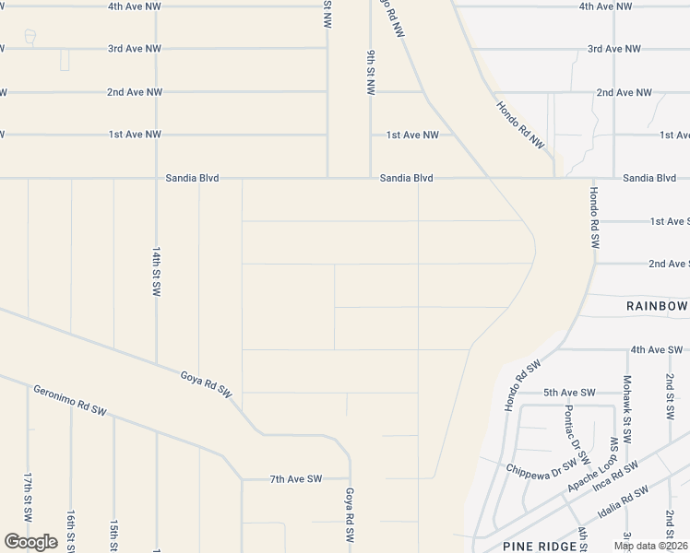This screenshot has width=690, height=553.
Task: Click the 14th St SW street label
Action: [156, 270]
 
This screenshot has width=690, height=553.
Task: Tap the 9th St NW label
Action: [369, 73]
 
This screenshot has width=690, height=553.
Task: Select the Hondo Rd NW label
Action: [520, 124]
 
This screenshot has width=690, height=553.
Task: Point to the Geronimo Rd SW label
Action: [71, 398]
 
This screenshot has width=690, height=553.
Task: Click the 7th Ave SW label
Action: [295, 479]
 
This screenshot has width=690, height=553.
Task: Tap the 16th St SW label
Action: [70, 528]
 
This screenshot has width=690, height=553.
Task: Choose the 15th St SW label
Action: [113, 533]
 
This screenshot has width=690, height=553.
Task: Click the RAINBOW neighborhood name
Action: [657, 306]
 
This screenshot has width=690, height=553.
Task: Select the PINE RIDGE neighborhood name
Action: [531, 546]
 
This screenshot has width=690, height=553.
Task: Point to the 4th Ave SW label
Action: [656, 350]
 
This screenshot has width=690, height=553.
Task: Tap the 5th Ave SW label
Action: [569, 393]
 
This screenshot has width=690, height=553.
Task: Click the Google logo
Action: [30, 542]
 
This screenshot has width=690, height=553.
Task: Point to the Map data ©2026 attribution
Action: [648, 546]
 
